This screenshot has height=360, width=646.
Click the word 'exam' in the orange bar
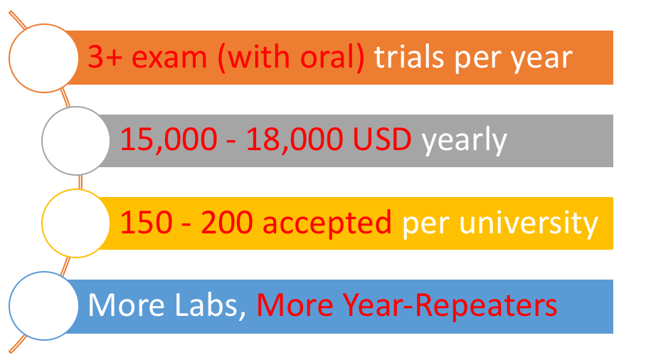pos(169,58)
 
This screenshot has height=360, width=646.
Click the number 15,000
pos(169,139)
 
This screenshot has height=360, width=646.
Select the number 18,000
pos(295,139)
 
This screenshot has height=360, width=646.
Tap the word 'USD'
pos(382,139)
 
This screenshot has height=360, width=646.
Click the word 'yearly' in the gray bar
pos(464,141)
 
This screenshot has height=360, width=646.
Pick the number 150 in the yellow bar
pos(147,223)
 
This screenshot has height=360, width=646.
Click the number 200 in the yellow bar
pos(226,223)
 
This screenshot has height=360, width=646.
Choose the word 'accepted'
pos(327,224)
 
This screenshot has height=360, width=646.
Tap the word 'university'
pos(529,223)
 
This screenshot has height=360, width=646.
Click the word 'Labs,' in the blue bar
pos(211,306)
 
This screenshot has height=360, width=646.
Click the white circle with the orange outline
pos(43,58)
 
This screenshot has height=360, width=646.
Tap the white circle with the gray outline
pos(76,141)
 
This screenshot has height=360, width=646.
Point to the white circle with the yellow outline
pos(76,223)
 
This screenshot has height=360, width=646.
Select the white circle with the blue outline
pos(43,306)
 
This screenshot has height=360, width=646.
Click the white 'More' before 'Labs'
pos(127,305)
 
